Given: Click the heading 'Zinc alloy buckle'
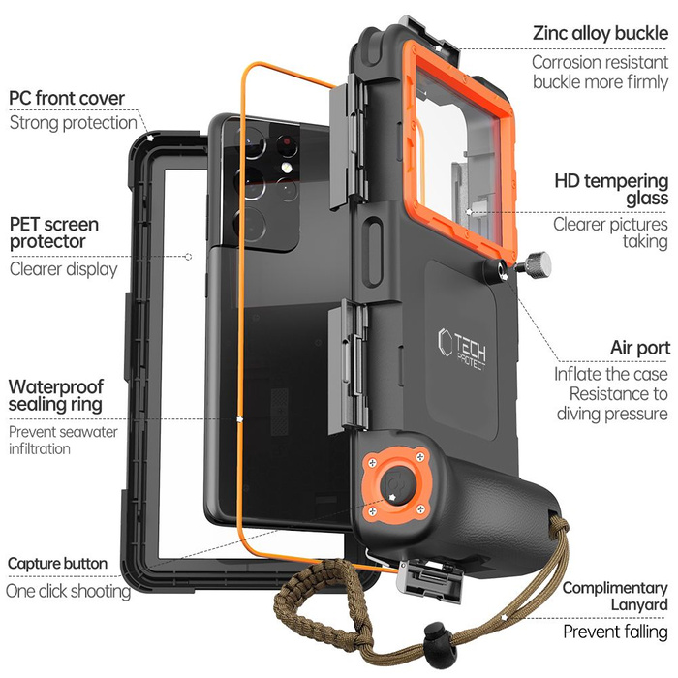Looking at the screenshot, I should point(600,33).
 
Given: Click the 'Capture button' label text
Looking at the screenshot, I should point(57,563).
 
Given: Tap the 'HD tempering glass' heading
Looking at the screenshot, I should point(611,189).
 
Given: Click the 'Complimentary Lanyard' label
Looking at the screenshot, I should point(615,596).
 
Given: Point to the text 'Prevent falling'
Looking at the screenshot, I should point(615,632).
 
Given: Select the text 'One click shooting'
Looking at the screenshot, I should point(68,590).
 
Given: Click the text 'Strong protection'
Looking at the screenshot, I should point(73,123).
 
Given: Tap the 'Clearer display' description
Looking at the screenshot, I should point(63,268).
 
